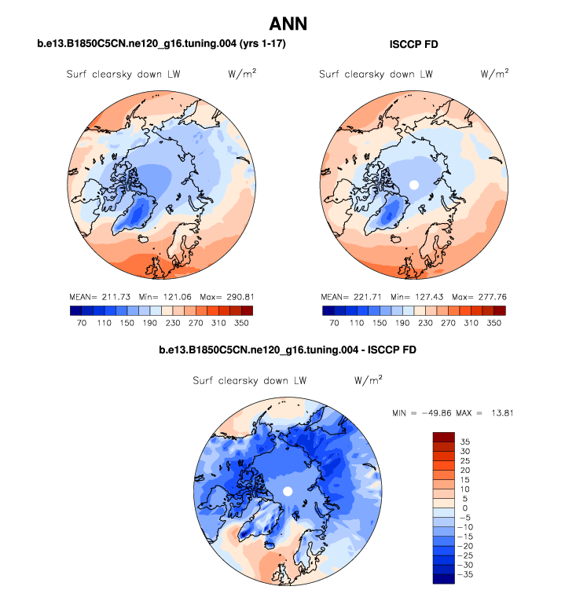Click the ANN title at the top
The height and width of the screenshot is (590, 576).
288,24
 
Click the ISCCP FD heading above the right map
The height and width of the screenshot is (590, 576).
414,46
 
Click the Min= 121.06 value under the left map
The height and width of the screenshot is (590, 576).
162,298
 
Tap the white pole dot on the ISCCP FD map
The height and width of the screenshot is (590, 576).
413,185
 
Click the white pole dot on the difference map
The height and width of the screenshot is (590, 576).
288,491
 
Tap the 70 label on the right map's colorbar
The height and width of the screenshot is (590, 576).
334,321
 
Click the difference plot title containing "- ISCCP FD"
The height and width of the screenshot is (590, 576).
288,349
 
